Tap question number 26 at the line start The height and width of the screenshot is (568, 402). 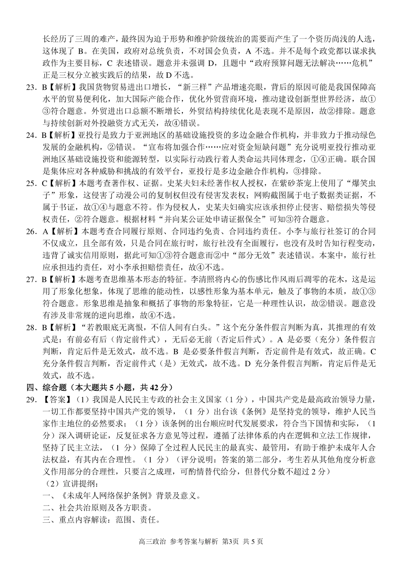point(31,231)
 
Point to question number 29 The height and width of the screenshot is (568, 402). point(31,399)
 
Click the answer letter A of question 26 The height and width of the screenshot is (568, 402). point(45,231)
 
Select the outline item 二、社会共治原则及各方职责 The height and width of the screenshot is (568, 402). point(97,508)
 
